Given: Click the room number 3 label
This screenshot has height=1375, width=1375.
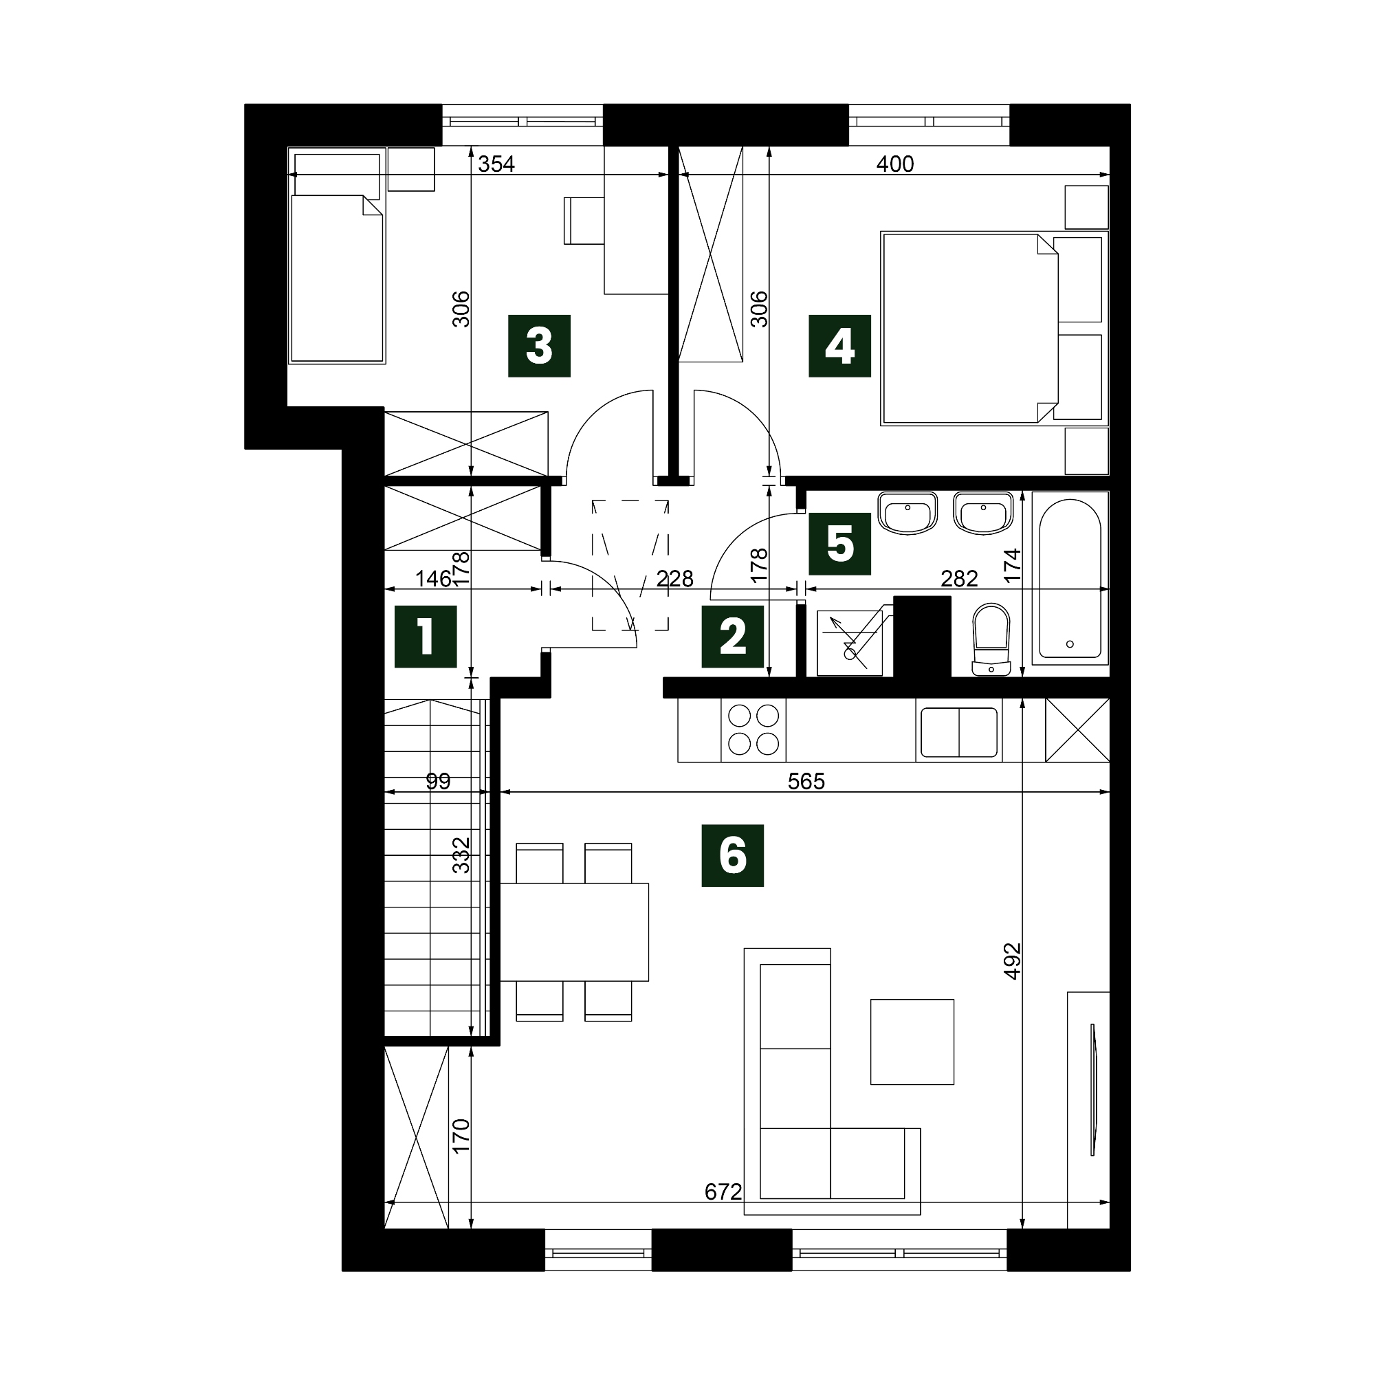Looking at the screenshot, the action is click(x=539, y=346).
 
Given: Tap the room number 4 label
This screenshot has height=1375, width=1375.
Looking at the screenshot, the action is click(x=840, y=346).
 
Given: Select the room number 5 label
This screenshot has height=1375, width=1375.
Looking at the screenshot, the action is click(x=840, y=544).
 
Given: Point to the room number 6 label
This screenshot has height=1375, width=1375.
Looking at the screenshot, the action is click(x=732, y=855).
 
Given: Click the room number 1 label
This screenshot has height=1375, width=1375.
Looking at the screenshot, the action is click(x=426, y=636).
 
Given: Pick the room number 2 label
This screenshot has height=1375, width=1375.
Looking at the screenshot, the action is click(x=732, y=636).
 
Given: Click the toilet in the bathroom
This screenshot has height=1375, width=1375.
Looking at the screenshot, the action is click(x=991, y=639).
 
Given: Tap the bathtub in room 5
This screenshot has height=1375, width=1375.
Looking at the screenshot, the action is click(x=1070, y=578).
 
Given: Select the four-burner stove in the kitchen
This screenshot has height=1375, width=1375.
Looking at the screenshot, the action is click(x=753, y=729).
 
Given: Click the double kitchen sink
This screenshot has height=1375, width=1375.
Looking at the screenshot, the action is click(x=958, y=731).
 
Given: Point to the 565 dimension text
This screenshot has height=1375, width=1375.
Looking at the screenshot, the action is click(x=806, y=782).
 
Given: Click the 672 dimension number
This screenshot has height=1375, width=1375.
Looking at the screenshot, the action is click(x=723, y=1191).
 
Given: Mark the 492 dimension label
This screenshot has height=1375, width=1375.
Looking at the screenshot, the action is click(x=1012, y=961).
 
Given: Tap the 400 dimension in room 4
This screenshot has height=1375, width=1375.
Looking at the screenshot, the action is click(x=894, y=164).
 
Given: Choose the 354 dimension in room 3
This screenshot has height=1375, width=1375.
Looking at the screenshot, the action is click(x=496, y=164).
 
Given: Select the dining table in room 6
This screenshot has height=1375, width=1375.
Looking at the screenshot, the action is click(x=574, y=932).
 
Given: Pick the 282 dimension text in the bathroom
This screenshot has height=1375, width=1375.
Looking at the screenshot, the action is click(x=958, y=579).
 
